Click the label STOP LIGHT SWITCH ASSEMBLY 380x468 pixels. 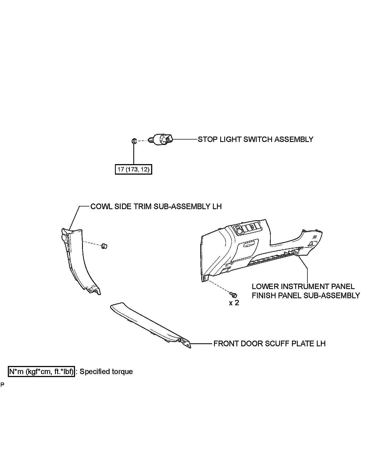255,140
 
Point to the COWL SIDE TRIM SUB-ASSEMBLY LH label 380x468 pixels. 156,206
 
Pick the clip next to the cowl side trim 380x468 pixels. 104,246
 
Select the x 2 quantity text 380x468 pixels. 234,303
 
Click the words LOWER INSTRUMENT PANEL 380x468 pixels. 303,286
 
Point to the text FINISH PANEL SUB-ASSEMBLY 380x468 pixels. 306,296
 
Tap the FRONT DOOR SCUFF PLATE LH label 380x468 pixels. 269,344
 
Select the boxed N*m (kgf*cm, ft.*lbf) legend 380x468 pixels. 41,372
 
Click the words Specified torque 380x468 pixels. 106,372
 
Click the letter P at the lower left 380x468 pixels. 2,385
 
